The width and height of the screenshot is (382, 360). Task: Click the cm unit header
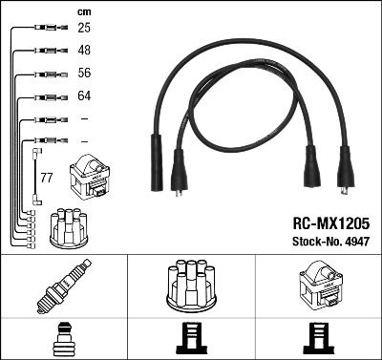click(x=83, y=11)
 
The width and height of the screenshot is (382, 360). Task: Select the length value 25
click(x=83, y=29)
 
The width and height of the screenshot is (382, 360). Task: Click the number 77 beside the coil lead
click(x=46, y=178)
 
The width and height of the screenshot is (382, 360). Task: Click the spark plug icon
click(x=62, y=285)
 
